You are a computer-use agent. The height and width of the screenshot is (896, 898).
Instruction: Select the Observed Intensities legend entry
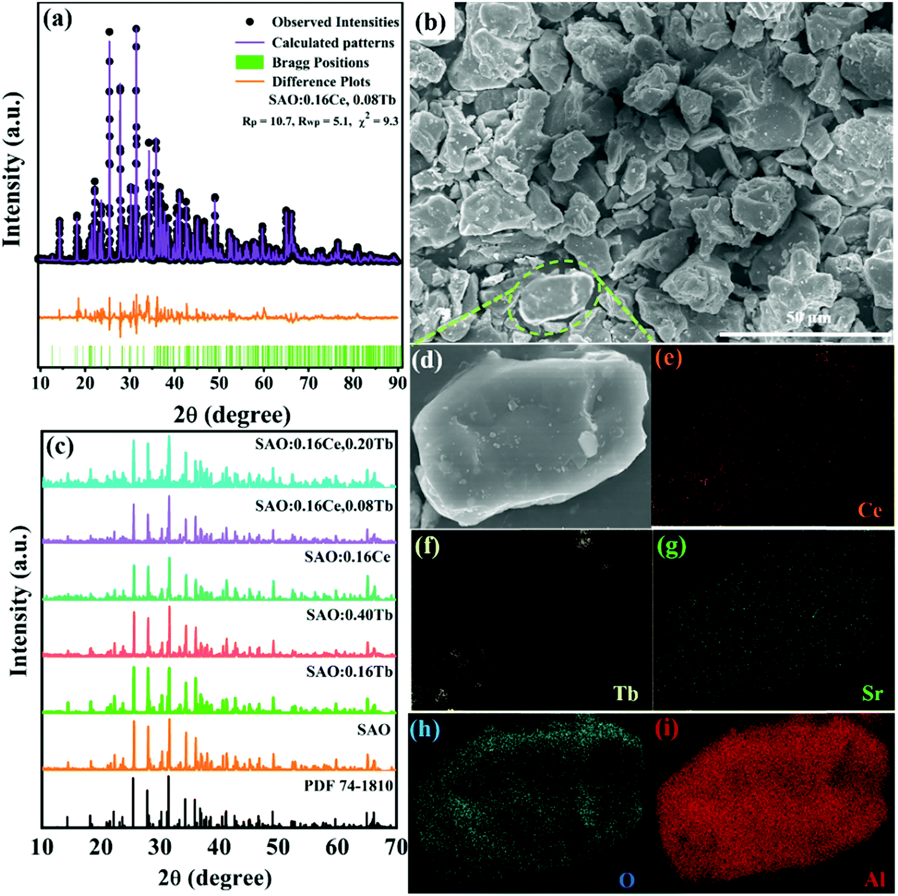[335, 22]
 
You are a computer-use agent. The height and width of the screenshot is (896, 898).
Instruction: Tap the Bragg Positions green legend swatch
[250, 62]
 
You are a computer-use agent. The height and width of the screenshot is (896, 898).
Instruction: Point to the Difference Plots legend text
[321, 82]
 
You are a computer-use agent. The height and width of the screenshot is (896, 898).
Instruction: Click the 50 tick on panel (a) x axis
[219, 383]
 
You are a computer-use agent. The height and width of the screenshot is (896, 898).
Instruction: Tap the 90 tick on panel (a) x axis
[397, 383]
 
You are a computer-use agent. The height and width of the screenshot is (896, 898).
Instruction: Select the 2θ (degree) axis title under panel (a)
[232, 414]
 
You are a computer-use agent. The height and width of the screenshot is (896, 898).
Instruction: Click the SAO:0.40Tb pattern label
[349, 614]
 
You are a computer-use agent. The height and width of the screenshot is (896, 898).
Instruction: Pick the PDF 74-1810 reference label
[348, 785]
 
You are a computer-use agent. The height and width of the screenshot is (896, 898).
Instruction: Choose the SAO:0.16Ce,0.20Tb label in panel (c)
[324, 444]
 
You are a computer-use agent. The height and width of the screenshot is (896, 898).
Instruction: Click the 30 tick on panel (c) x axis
[160, 847]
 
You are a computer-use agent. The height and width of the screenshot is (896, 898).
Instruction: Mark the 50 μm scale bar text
[808, 317]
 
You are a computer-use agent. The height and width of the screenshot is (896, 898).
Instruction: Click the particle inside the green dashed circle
[554, 299]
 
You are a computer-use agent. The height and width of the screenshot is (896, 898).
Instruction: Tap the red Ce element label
[869, 510]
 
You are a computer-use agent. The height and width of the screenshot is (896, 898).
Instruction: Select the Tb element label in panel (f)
[626, 693]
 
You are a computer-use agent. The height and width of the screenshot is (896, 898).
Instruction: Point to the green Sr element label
[872, 693]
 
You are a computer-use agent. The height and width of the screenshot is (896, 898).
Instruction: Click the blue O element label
[627, 880]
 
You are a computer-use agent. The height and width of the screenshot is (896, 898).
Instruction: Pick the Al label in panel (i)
[875, 879]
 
